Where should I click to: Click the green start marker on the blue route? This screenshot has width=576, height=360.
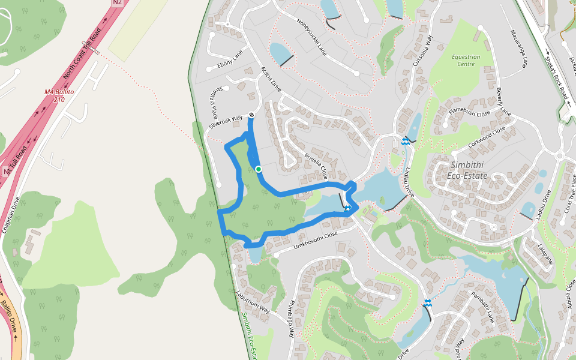259,169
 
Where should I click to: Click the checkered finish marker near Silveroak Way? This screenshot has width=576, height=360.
251,115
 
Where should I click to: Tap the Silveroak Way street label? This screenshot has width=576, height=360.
226,122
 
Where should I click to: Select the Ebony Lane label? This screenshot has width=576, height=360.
230,59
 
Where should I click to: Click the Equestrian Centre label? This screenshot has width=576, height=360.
466,60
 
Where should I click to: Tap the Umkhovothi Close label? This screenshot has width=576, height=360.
316,241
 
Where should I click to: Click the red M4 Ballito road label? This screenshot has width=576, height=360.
59,95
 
